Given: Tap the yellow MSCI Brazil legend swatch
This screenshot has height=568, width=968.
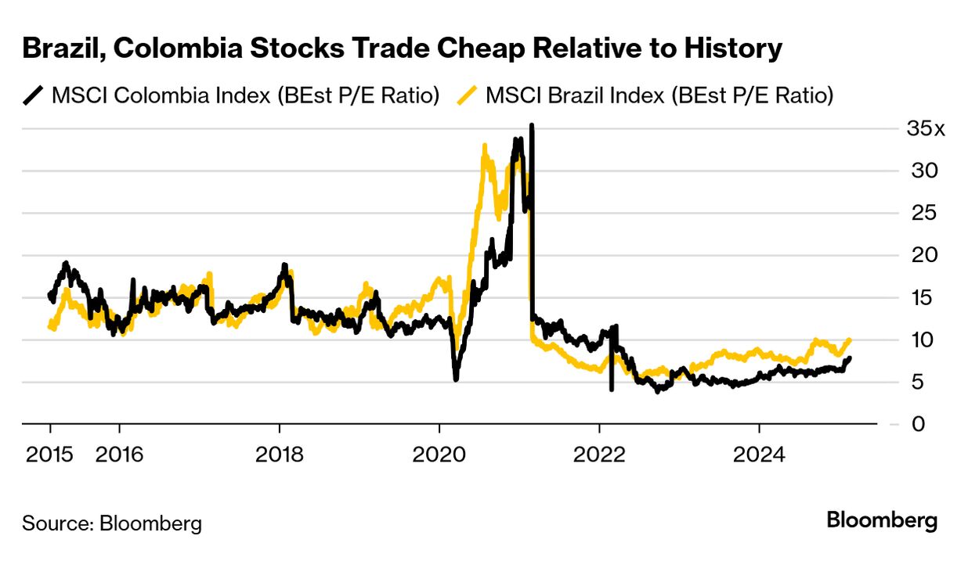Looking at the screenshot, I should (x=468, y=96).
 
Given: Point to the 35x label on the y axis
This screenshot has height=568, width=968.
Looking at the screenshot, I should (x=926, y=129).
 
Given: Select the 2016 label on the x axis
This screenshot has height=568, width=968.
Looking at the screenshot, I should (x=119, y=455).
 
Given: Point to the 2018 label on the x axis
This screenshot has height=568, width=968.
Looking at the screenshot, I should (x=279, y=455).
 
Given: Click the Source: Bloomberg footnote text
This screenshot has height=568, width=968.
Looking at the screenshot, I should (x=112, y=523).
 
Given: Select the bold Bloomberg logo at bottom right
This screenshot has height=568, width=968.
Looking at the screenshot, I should (x=882, y=520).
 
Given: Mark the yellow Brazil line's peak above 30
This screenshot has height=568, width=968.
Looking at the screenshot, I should (x=485, y=146).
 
